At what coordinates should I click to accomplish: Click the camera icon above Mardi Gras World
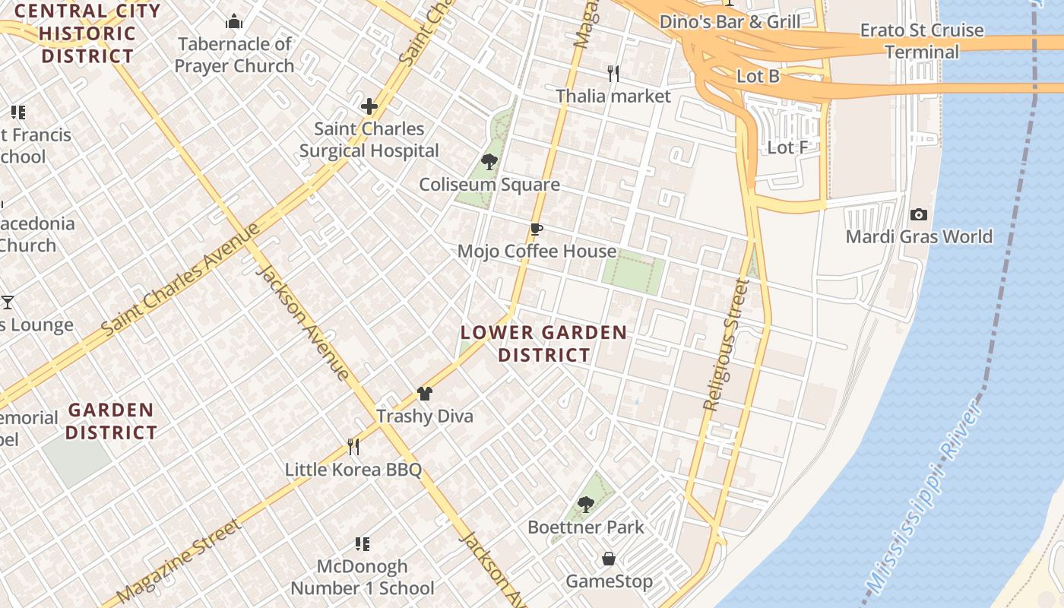click(x=919, y=215)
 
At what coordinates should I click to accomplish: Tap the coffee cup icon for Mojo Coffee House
click(x=537, y=230)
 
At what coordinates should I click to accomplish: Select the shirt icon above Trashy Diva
click(x=425, y=394)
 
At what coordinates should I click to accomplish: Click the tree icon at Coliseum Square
click(x=489, y=162)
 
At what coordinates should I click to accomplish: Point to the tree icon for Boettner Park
click(x=585, y=504)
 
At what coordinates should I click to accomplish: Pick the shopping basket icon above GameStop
click(x=609, y=559)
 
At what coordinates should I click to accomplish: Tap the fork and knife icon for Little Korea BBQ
click(x=353, y=446)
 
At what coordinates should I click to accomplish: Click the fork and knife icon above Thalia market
click(x=613, y=74)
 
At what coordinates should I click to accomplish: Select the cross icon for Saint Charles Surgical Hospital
click(x=369, y=106)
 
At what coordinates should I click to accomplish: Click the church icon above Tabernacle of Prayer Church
click(x=234, y=21)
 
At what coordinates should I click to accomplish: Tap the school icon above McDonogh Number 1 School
click(x=363, y=544)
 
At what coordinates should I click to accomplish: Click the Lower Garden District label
click(x=544, y=344)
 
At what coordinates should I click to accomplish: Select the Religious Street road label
click(x=726, y=345)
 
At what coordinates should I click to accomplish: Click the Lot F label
click(x=787, y=147)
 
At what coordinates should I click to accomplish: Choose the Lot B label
click(x=758, y=76)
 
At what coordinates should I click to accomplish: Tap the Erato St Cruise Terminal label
click(x=922, y=41)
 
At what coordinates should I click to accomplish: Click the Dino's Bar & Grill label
click(x=730, y=21)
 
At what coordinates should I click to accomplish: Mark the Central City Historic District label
click(x=87, y=33)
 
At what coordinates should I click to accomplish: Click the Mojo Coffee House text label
click(x=537, y=252)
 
